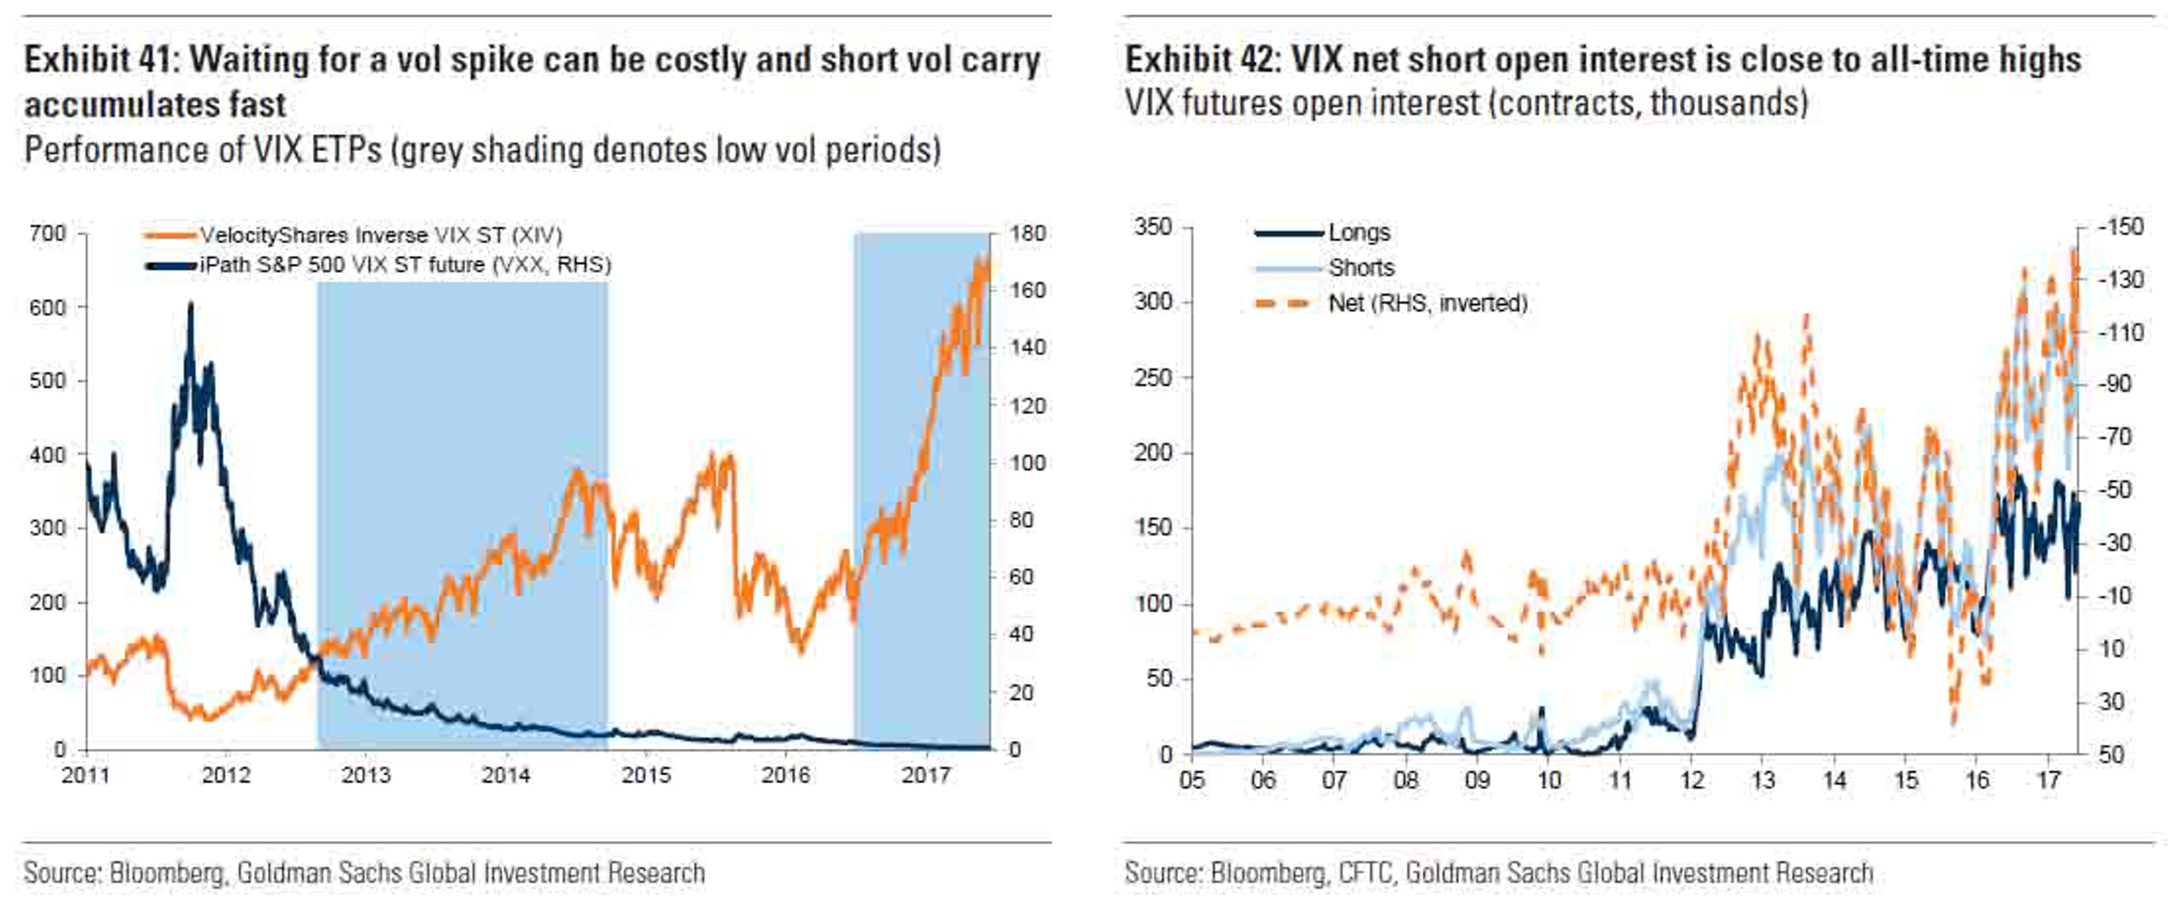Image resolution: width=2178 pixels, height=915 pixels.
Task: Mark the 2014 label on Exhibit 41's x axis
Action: point(506,774)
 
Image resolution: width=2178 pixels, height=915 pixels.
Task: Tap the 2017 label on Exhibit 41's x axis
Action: point(926,774)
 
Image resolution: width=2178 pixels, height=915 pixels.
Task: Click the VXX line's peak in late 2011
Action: point(190,305)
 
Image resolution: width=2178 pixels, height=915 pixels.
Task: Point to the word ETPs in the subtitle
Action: point(346,151)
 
